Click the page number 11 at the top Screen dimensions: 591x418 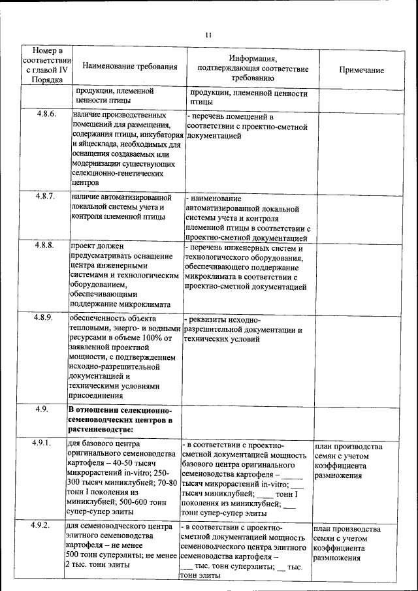click(x=208, y=35)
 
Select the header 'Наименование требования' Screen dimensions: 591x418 click(x=130, y=67)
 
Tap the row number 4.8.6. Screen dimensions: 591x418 click(x=46, y=114)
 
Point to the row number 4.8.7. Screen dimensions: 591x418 click(x=46, y=196)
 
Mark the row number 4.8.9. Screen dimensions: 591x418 click(x=46, y=317)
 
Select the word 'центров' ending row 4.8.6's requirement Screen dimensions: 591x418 click(x=85, y=183)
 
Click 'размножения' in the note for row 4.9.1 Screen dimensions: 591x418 click(x=338, y=476)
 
